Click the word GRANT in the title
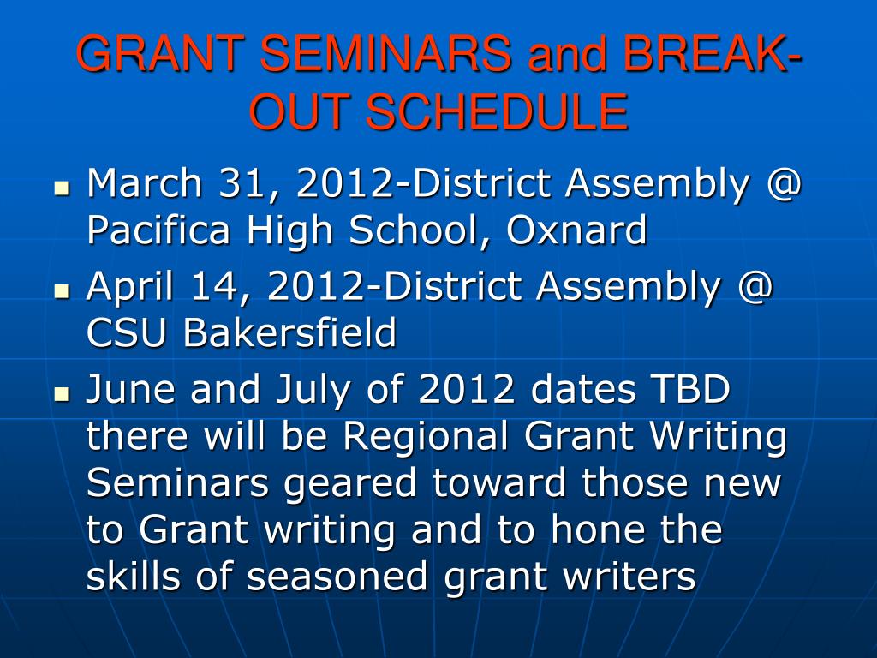click(x=159, y=53)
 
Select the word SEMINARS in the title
click(x=385, y=53)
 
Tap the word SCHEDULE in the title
click(x=497, y=112)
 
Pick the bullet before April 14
click(x=62, y=291)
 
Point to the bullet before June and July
click(x=62, y=394)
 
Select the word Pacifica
click(x=158, y=230)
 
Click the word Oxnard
click(x=576, y=230)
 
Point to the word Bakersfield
click(x=289, y=332)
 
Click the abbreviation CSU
click(x=127, y=333)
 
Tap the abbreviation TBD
click(x=689, y=389)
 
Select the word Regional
click(x=425, y=436)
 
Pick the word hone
click(x=597, y=529)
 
